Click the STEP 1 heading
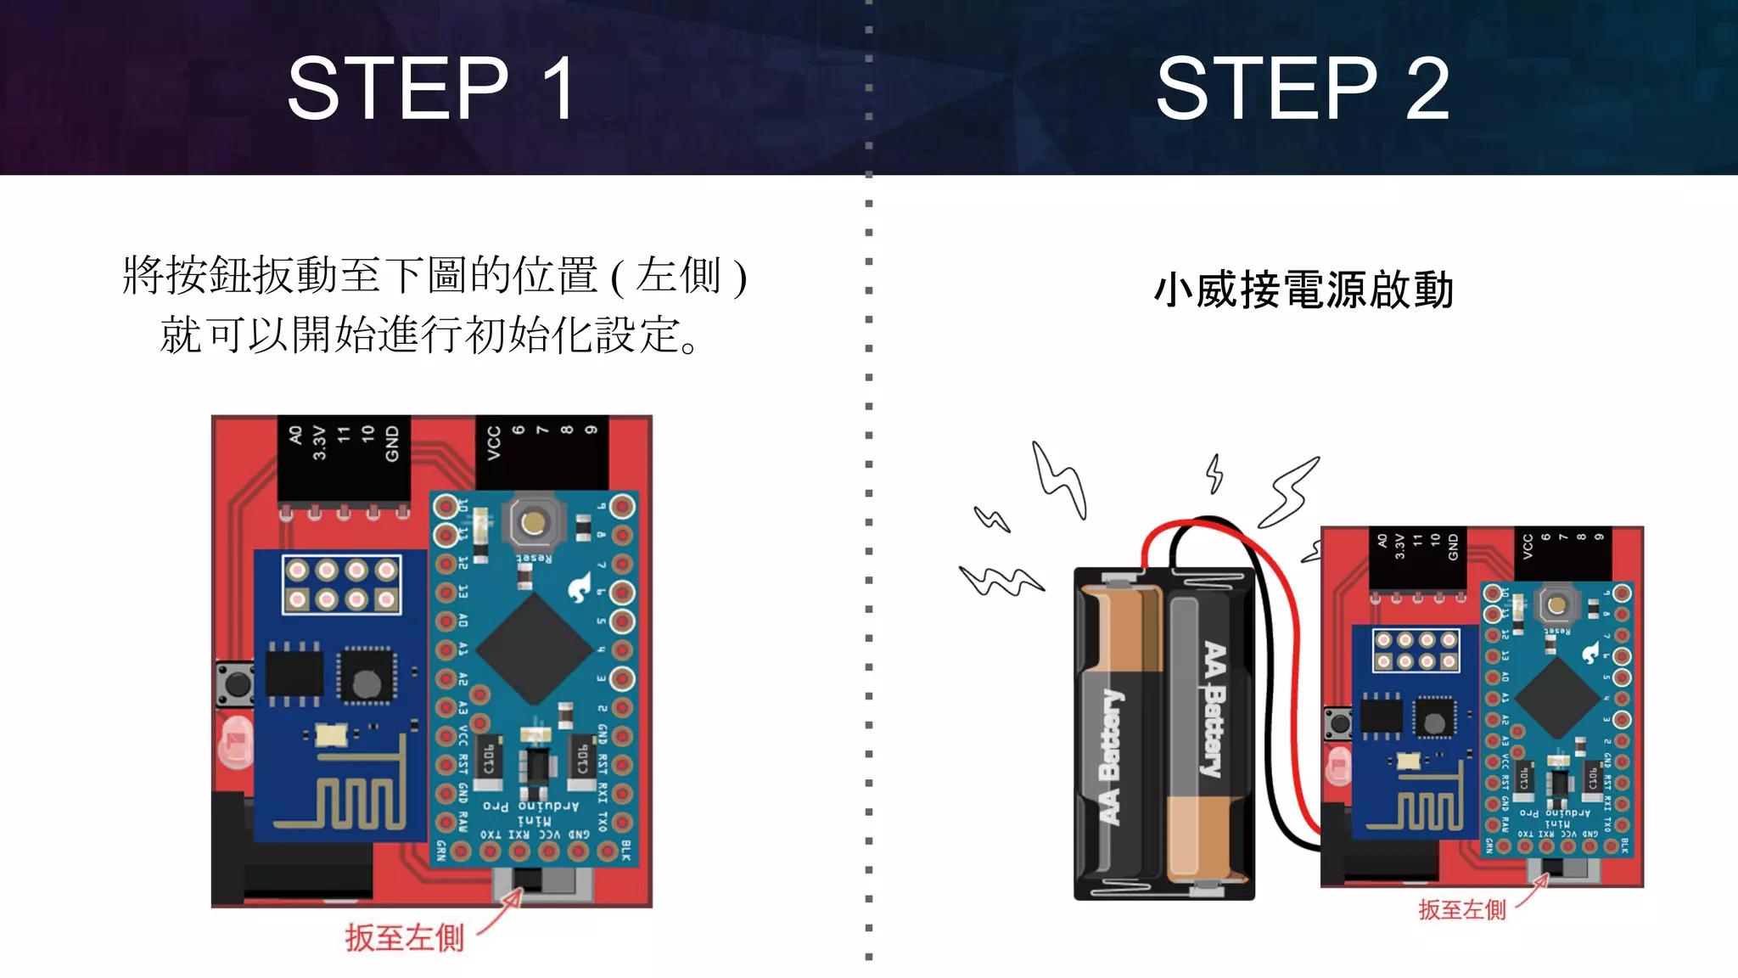click(x=433, y=88)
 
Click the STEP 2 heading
click(x=1303, y=88)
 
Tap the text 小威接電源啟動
click(x=1303, y=290)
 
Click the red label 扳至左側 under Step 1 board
click(x=405, y=938)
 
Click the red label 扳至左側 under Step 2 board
click(x=1461, y=910)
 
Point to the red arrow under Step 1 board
click(x=501, y=913)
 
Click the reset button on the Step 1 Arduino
click(x=533, y=522)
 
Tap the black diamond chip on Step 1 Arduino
click(x=534, y=649)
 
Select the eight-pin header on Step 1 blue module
click(x=341, y=585)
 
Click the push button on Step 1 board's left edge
click(x=233, y=684)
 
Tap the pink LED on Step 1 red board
click(x=235, y=742)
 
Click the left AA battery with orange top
click(x=1118, y=730)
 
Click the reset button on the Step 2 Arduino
click(x=1556, y=604)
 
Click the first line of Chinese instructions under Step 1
click(x=434, y=276)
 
